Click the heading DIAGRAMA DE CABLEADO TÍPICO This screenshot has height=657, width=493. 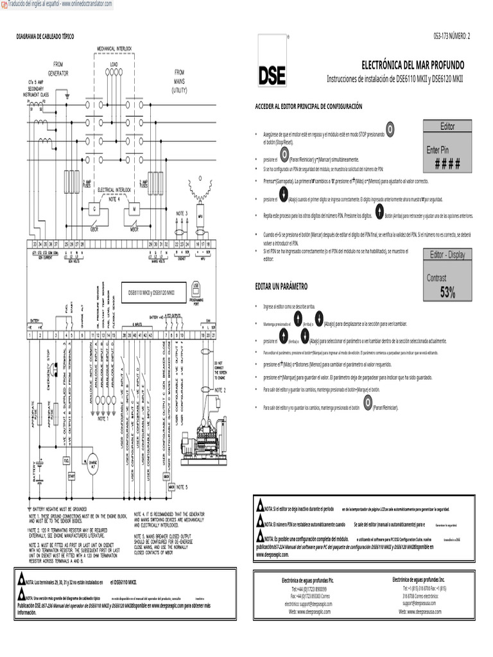pos(45,37)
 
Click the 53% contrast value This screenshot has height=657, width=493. pos(447,293)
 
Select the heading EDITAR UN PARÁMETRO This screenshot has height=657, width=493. pos(281,285)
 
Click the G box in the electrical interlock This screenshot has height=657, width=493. pos(94,209)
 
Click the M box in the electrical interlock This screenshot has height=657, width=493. pos(135,209)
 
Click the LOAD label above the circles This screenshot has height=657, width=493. pos(114,65)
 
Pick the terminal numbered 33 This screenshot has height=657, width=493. pos(35,244)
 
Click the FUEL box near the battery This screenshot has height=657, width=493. pos(66,459)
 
